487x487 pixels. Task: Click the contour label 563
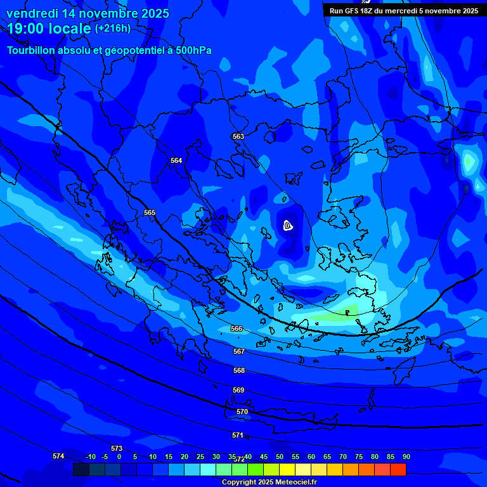click(238, 136)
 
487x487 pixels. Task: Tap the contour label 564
click(176, 160)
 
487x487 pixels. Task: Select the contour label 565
click(150, 212)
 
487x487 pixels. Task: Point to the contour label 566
click(237, 328)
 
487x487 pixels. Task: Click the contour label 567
click(239, 351)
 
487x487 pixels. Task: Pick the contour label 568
click(239, 370)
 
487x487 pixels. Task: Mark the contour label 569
click(238, 390)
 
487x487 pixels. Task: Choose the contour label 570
click(242, 412)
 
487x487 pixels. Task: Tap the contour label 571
click(238, 435)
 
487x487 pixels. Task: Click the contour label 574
click(58, 456)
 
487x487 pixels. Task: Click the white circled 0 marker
click(287, 226)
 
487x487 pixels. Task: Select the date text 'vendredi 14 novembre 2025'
click(88, 13)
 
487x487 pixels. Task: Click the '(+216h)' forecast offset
click(113, 29)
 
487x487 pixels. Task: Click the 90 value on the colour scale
click(406, 457)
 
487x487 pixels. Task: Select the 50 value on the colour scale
click(280, 457)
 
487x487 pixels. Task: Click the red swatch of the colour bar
click(398, 469)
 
